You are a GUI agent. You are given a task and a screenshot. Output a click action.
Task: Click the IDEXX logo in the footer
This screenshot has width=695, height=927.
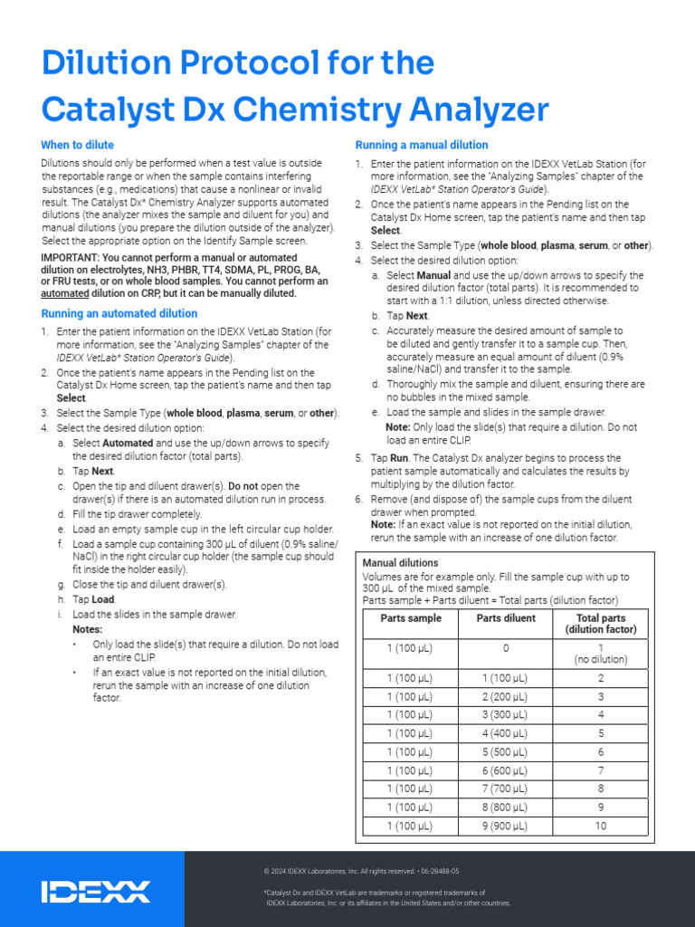pyautogui.click(x=96, y=891)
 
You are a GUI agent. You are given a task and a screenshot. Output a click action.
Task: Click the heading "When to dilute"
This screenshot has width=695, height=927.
pyautogui.click(x=77, y=145)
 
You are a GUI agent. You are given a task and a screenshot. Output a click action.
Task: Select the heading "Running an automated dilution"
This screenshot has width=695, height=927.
pyautogui.click(x=119, y=313)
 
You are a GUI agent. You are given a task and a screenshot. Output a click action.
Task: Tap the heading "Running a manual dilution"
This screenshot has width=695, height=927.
pyautogui.click(x=421, y=145)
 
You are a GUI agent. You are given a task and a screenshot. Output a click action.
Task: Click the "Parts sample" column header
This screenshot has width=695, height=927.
pyautogui.click(x=411, y=618)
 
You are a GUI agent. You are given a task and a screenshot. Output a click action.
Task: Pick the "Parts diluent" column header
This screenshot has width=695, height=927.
pyautogui.click(x=506, y=618)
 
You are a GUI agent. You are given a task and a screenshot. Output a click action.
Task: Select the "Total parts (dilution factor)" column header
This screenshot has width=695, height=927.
pyautogui.click(x=600, y=624)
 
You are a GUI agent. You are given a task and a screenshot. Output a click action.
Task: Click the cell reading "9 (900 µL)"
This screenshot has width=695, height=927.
pyautogui.click(x=506, y=826)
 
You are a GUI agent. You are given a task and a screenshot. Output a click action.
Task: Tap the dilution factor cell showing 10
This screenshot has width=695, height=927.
pyautogui.click(x=600, y=826)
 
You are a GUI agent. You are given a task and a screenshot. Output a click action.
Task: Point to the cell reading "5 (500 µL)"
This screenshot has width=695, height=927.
pyautogui.click(x=506, y=751)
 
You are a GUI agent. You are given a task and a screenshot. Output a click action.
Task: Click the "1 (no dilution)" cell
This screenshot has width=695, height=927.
pyautogui.click(x=600, y=653)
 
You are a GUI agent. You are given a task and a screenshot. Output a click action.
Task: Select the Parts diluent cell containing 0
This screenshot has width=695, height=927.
pyautogui.click(x=506, y=648)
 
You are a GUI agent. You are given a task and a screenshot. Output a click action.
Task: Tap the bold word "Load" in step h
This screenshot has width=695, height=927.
pyautogui.click(x=102, y=599)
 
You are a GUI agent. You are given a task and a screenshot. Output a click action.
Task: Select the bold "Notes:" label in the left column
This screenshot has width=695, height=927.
pyautogui.click(x=87, y=629)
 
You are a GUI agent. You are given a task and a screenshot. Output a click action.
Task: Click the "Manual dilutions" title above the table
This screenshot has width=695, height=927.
pyautogui.click(x=400, y=563)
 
